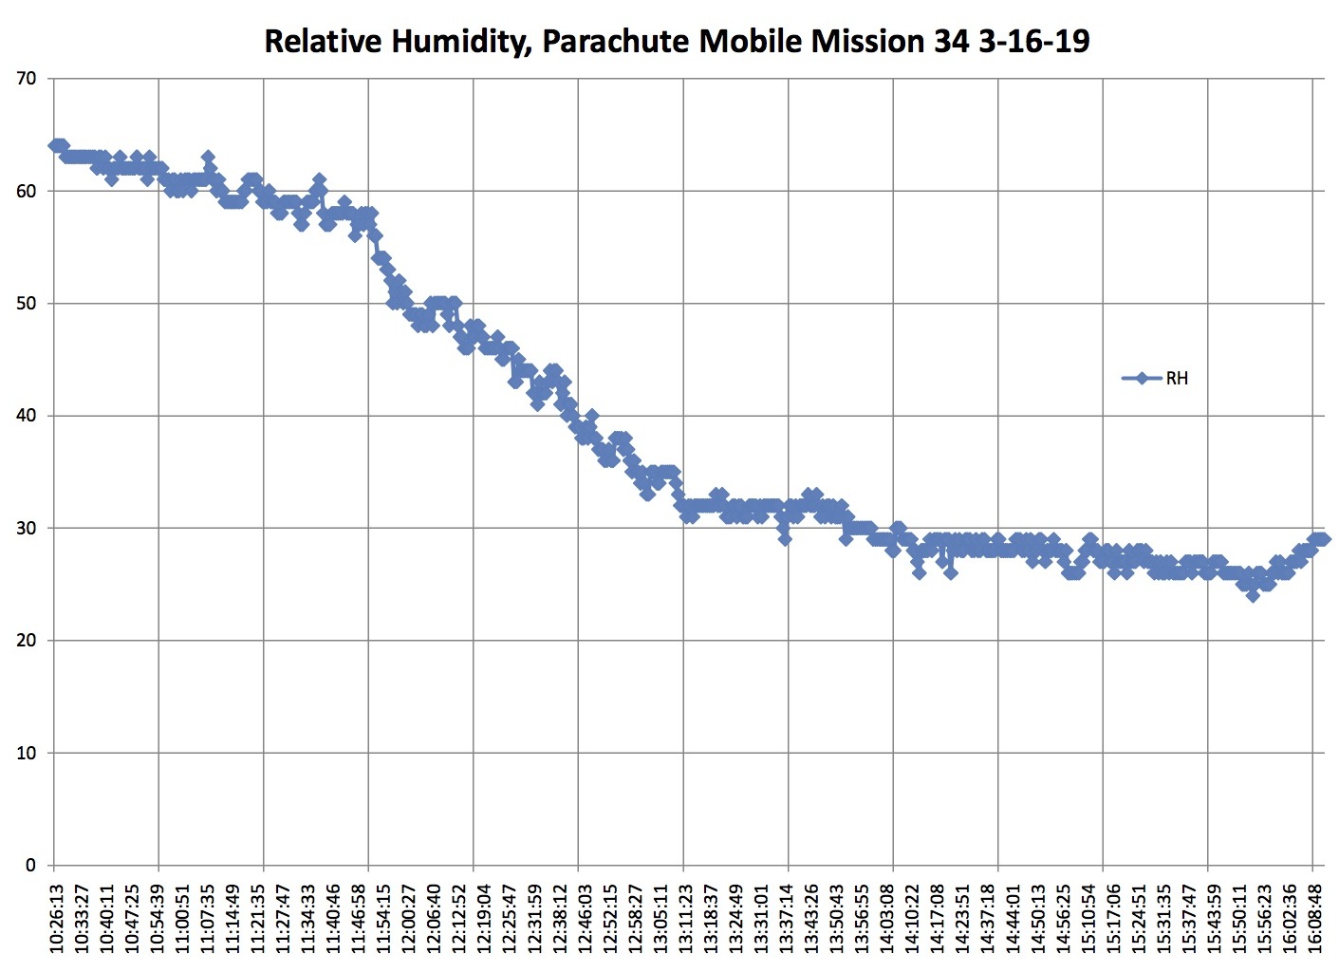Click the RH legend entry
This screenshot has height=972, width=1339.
click(1176, 379)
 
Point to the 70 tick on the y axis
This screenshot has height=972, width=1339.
click(27, 79)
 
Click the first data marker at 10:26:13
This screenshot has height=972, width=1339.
click(55, 145)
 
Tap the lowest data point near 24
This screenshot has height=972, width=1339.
click(1253, 595)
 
